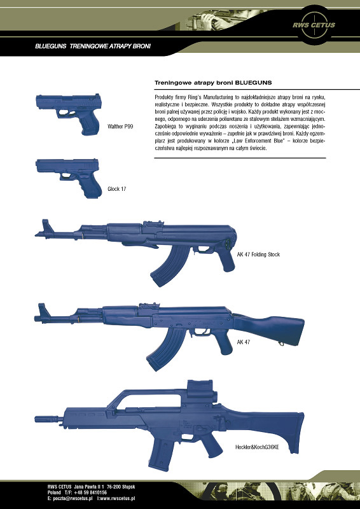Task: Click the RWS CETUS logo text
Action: coord(314,25)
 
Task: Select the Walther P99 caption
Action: coord(120,127)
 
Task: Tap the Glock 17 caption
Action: coord(116,189)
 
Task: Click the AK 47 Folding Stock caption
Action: coord(258,254)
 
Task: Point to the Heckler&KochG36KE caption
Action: coord(257,448)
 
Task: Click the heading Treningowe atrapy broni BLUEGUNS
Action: coord(213,83)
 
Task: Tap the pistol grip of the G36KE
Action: coord(211,445)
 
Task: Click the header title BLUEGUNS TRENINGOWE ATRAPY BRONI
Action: coord(93,46)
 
